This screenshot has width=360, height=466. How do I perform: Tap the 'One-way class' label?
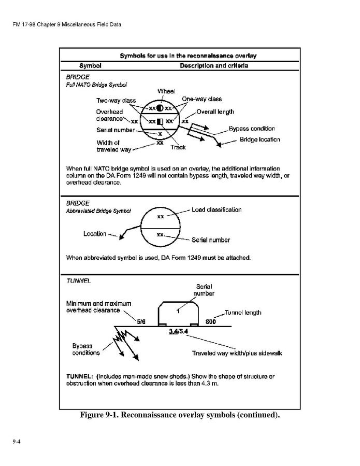201,99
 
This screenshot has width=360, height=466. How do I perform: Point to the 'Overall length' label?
215,111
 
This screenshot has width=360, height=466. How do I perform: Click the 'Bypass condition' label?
252,129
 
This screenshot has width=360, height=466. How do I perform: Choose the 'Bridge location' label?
260,139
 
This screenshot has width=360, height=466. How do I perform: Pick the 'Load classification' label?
217,210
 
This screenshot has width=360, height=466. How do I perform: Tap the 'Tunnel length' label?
242,313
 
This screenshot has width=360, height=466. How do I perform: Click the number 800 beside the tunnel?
211,321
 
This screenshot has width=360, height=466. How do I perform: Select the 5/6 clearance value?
141,321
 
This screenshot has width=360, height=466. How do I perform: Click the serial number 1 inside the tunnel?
178,310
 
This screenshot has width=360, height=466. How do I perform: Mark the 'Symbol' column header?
90,66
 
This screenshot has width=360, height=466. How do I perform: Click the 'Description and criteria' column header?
214,66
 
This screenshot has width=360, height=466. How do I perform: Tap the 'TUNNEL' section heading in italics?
78,280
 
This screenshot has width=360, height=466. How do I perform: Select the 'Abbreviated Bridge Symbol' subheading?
98,211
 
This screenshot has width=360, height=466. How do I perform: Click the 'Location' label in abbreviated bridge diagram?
95,234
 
